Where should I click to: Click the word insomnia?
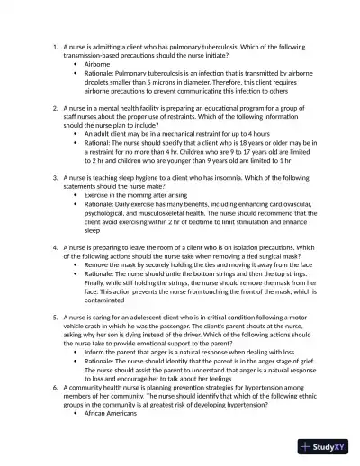[x=251, y=178]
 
